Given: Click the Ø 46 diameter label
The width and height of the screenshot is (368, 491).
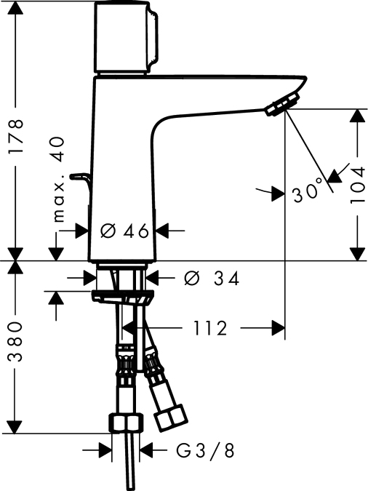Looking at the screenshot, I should (124, 231).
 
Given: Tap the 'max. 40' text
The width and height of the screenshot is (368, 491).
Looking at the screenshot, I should (59, 179).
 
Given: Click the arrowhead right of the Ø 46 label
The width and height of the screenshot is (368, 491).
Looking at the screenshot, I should (161, 231).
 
